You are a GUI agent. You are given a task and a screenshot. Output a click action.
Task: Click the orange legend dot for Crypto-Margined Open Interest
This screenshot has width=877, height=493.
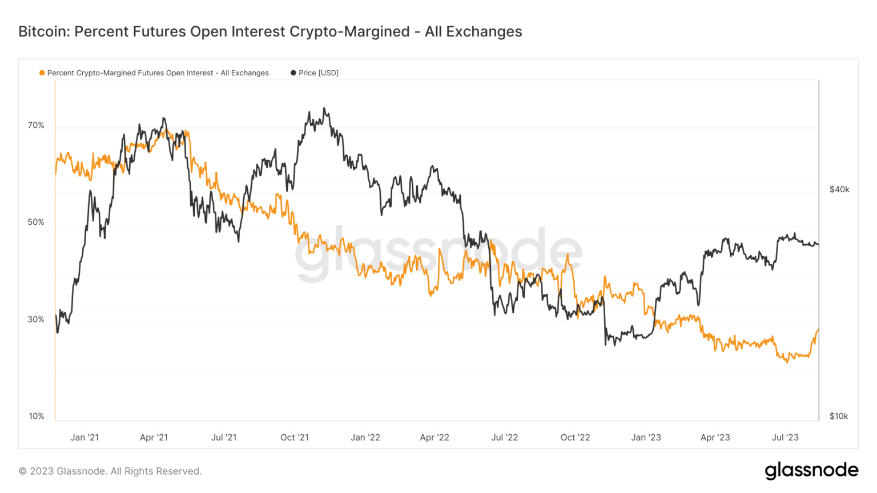coord(42,73)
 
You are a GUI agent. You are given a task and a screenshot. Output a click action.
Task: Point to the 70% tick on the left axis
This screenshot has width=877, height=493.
coord(36,125)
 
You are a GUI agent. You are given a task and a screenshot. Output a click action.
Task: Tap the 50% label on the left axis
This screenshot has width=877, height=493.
coord(36,222)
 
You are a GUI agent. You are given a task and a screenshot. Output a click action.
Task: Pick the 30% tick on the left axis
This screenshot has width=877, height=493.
coord(36,319)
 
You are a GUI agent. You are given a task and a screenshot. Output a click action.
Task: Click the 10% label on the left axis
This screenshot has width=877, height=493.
coord(36,416)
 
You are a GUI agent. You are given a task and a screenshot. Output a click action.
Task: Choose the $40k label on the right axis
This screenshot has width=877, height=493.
coord(839,189)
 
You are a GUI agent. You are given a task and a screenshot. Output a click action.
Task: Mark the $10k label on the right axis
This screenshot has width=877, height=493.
coord(839,416)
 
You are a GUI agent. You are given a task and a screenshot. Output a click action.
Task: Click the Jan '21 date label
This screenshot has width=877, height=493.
coord(85,438)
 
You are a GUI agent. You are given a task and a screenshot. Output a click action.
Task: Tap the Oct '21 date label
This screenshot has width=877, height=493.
coord(295,438)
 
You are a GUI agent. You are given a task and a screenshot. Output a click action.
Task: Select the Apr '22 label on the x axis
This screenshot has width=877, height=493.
coord(435,438)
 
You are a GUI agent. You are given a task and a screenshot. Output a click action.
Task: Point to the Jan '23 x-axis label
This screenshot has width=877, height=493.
coord(646,438)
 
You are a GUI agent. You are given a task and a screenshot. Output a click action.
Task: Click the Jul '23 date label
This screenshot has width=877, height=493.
coord(785,438)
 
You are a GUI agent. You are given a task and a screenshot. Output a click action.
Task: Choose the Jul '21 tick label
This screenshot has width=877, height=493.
coord(224,438)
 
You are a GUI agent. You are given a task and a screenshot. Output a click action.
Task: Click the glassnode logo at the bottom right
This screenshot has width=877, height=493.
coord(811,470)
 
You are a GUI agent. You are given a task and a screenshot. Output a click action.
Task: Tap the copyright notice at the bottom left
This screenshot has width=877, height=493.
coord(110,471)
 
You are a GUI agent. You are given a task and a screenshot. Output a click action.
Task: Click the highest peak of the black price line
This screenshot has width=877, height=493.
coord(324,108)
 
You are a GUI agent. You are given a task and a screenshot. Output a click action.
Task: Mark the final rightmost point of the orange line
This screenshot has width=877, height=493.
coord(818,329)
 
